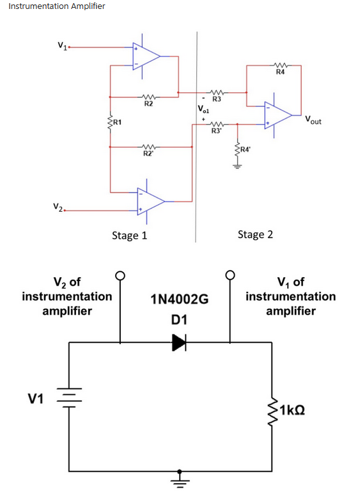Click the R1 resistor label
(x=117, y=122)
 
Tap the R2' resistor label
(x=148, y=154)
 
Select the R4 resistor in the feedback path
(x=280, y=65)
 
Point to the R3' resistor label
(x=216, y=131)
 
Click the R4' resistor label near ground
(x=245, y=149)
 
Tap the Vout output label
(x=313, y=120)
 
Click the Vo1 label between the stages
(x=203, y=109)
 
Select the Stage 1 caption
(x=129, y=235)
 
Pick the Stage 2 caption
(x=255, y=235)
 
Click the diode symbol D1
(x=180, y=342)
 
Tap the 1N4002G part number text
(x=180, y=299)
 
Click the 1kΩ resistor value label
(x=292, y=410)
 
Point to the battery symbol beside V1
(x=69, y=397)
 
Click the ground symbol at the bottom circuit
(x=180, y=479)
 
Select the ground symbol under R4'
(x=237, y=166)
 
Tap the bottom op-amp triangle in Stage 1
(x=151, y=202)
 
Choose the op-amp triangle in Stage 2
(x=278, y=115)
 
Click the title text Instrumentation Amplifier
(x=57, y=6)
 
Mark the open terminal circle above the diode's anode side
(x=120, y=275)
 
